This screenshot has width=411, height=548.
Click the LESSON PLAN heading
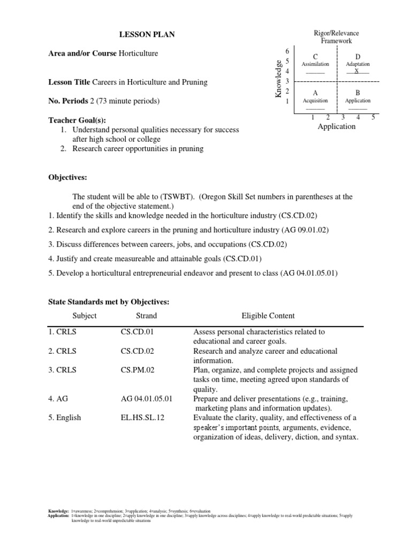146,35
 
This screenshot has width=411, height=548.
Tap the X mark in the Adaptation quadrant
357,71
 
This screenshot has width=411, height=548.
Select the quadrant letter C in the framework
315,57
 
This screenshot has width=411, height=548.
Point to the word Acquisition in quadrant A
315,100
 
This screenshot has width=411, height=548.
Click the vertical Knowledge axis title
278,79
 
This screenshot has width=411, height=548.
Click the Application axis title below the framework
336,126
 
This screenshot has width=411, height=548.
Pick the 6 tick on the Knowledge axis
287,51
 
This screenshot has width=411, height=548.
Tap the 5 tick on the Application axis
372,117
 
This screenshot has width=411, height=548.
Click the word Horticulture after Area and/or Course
138,54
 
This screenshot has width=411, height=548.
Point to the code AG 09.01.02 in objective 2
305,230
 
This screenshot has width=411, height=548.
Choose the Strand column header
146,316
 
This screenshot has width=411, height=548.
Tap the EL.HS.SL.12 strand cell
142,418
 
